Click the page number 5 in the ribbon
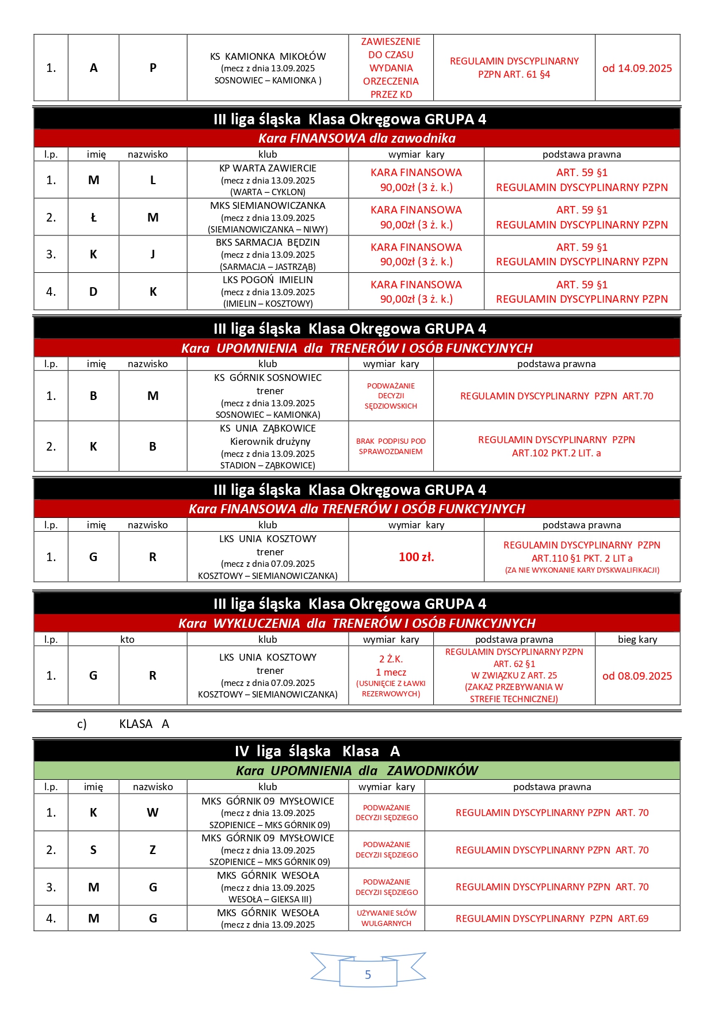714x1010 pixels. pos(368,974)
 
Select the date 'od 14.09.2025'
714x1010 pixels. pos(637,68)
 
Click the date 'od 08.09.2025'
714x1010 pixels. pos(637,676)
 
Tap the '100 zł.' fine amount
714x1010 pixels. pos(416,557)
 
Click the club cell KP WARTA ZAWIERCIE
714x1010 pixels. pos(268,180)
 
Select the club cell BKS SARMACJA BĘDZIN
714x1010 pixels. pos(268,254)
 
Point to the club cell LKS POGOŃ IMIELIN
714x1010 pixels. pos(268,292)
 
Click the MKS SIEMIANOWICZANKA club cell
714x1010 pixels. pos(268,218)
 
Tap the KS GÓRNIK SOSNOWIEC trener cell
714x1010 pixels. pos(268,396)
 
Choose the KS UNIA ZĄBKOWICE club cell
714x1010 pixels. pos(268,447)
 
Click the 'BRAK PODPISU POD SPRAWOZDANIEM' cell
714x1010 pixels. pos(391,446)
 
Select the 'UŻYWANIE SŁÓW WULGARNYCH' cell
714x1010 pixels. pos(386,918)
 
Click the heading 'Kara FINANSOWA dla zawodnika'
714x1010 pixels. pos(357,138)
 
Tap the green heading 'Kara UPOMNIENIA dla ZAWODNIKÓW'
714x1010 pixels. pos(357,771)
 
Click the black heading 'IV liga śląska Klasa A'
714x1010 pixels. pos(317,751)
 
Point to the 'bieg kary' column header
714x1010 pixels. pos(637,639)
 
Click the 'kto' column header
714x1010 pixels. pos(127,639)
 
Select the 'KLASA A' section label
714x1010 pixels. pos(144,724)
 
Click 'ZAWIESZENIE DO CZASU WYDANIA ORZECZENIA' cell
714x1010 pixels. pos(391,68)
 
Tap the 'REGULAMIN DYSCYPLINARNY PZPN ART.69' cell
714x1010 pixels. pos(552,918)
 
